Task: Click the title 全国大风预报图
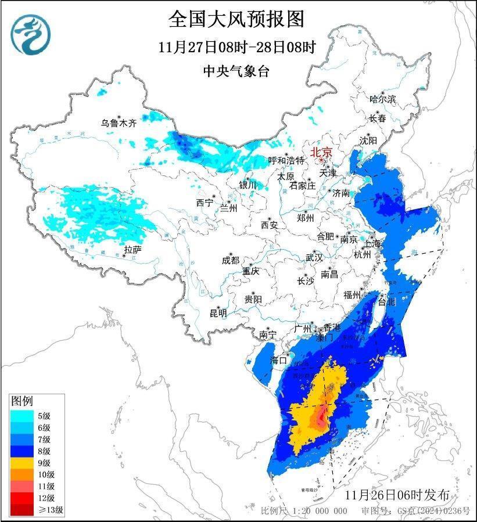236,19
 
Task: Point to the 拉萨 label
132,250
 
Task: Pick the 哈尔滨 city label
382,99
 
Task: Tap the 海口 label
279,360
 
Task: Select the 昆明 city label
218,314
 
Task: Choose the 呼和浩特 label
286,160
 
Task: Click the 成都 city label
230,261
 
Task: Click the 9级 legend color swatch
22,463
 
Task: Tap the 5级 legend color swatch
22,415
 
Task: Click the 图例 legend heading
22,401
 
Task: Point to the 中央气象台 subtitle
236,71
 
